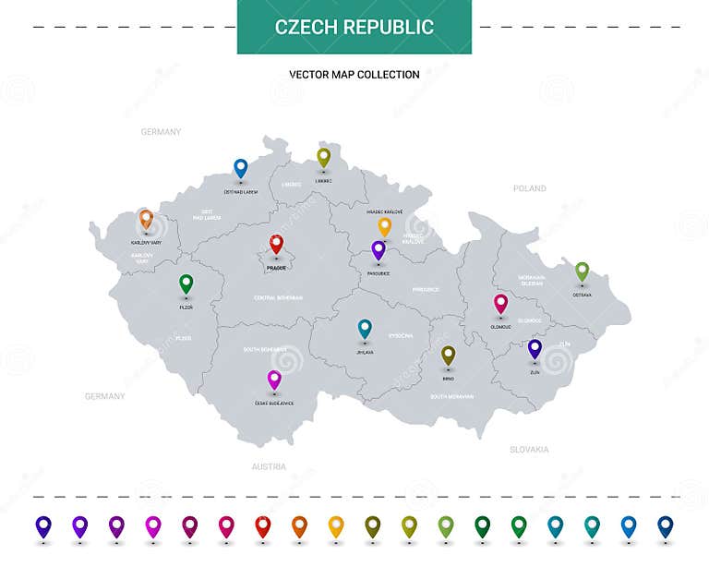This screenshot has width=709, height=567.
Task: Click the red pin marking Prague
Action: tap(276, 244)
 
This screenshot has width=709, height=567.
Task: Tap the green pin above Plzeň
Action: tap(186, 283)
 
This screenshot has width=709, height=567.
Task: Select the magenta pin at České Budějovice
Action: tap(273, 379)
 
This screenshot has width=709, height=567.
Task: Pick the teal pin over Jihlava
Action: tap(365, 328)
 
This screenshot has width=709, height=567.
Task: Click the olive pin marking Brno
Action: tap(448, 355)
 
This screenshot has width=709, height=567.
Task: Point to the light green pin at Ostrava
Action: tap(582, 271)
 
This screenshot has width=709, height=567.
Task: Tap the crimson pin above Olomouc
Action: tap(500, 303)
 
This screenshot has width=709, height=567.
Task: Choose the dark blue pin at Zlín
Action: tap(535, 348)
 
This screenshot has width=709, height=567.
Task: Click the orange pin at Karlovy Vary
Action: tap(145, 219)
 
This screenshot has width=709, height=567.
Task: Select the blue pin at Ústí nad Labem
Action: tap(240, 167)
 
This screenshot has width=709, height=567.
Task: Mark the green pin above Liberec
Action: tap(323, 157)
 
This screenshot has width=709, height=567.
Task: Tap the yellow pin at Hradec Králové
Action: tap(385, 225)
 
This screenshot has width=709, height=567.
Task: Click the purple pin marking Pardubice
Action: tap(378, 249)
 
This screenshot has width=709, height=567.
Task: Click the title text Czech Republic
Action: tap(354, 27)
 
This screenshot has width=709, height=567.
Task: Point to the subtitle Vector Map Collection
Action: tap(354, 75)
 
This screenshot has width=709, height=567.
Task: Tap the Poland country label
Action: tap(530, 188)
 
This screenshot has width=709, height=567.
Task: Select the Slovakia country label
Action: tap(529, 450)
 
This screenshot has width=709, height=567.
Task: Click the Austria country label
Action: tap(269, 466)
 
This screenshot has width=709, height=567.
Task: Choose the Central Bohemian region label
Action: tap(278, 297)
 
